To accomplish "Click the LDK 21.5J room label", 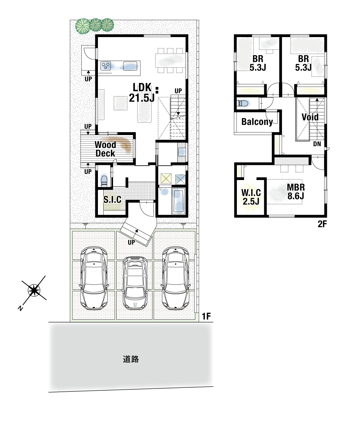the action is [x=142, y=93].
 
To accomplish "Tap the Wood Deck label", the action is [x=105, y=149].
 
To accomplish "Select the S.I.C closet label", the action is [x=112, y=199].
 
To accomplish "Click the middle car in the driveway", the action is [x=135, y=283].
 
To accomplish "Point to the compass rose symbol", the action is [x=34, y=290].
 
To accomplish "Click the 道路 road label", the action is [x=131, y=359].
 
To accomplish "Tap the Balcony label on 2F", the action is [x=257, y=122].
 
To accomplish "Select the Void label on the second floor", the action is [x=310, y=117].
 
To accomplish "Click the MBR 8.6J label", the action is [x=296, y=192].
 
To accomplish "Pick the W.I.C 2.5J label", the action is [x=251, y=197].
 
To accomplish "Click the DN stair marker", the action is [x=317, y=144].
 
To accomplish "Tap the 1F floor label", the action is [x=206, y=316].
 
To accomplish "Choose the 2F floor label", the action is [x=322, y=224].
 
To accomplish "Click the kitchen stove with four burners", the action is [x=106, y=66].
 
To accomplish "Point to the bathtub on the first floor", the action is [x=178, y=201].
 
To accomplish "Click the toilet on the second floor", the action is [x=244, y=103].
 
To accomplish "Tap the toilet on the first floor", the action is [x=104, y=180].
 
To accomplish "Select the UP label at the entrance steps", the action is [x=131, y=242].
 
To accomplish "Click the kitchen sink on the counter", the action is [x=130, y=66].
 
